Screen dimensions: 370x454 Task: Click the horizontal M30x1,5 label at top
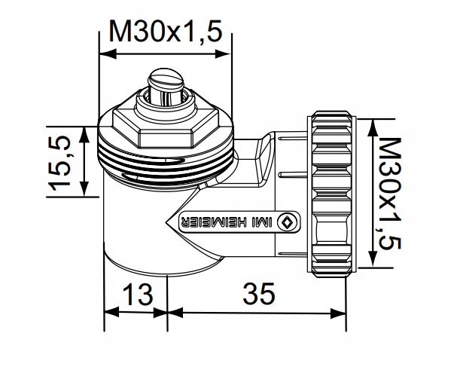point(166,32)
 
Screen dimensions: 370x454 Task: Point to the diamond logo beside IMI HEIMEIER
point(287,222)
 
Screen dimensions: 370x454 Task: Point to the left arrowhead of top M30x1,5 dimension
point(105,54)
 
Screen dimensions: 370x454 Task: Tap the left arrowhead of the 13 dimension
point(107,311)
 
